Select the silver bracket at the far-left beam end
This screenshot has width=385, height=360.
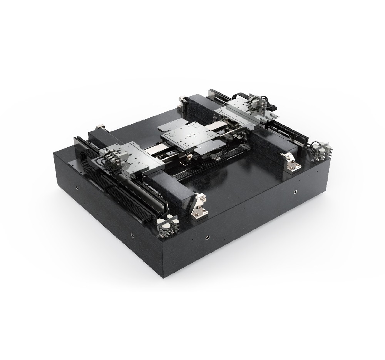pyautogui.click(x=100, y=127)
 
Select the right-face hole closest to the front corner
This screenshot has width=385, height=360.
pyautogui.click(x=208, y=237)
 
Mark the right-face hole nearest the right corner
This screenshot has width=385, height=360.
pyautogui.click(x=295, y=191)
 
